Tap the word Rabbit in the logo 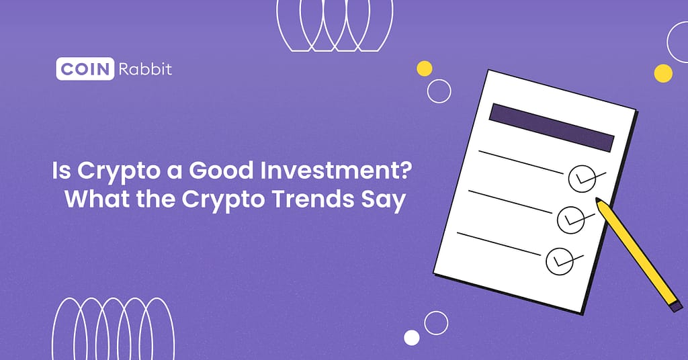click(144, 69)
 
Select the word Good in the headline click(218, 172)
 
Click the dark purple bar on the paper click(552, 128)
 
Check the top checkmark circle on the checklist click(581, 178)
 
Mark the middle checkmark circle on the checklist click(570, 218)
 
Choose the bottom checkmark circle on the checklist click(559, 260)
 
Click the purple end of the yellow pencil click(676, 305)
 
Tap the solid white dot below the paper click(412, 337)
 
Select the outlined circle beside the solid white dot click(436, 323)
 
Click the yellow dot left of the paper click(425, 68)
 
